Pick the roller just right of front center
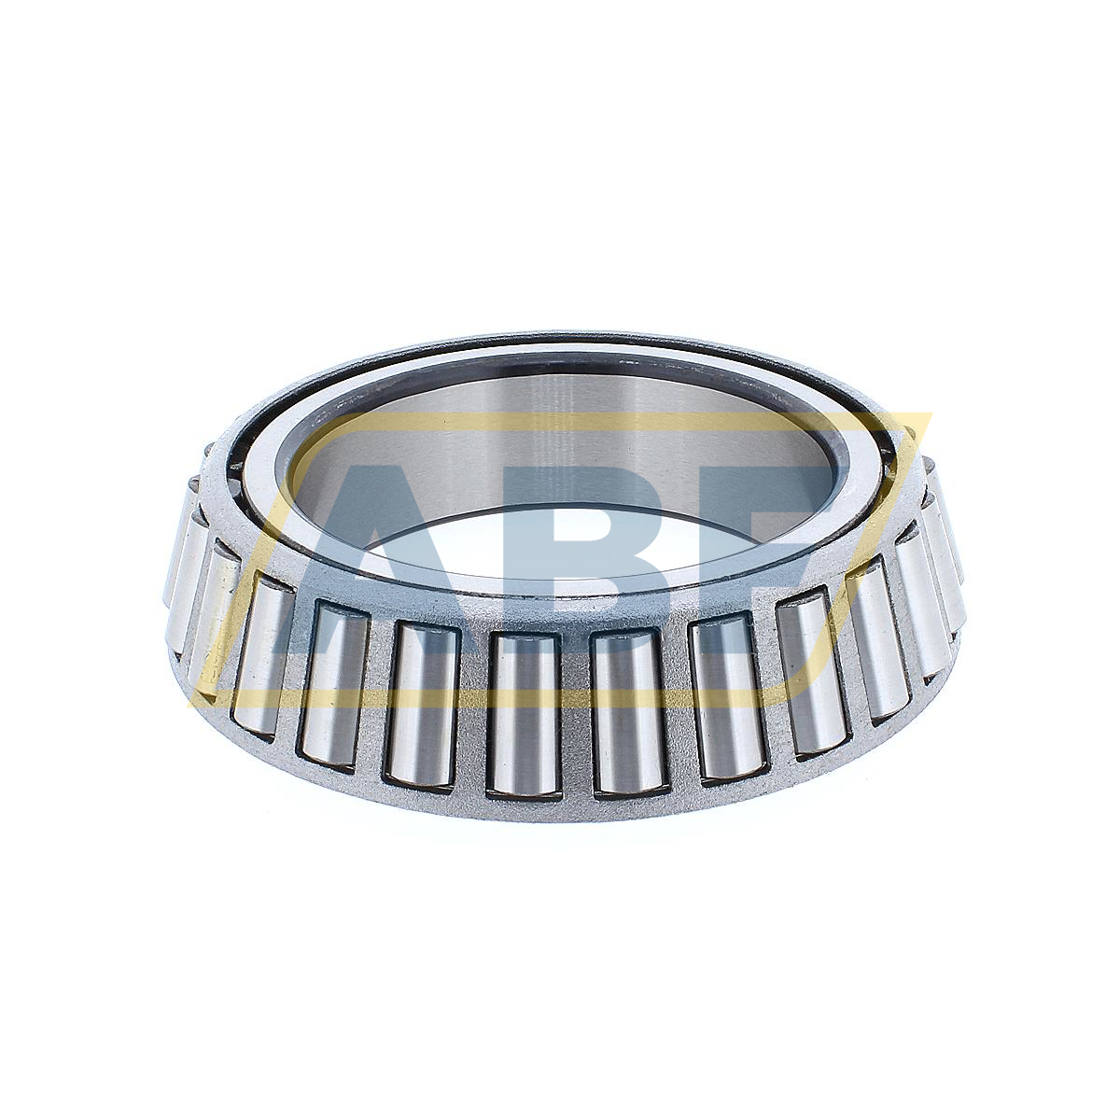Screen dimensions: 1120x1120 [x=627, y=714]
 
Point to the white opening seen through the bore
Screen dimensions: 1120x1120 [x=560, y=551]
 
